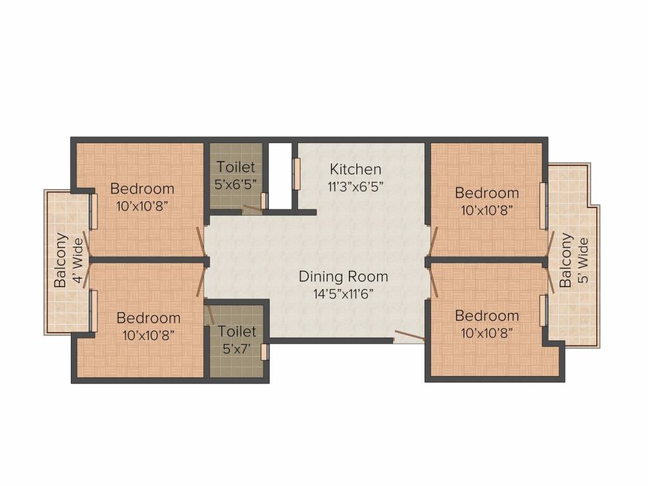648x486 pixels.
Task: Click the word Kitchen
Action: click(356, 169)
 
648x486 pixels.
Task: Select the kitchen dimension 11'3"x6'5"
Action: click(356, 187)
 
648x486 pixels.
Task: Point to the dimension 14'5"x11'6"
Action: click(343, 294)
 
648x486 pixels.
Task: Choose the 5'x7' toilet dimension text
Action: click(237, 349)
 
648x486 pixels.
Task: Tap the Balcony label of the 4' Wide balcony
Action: click(61, 261)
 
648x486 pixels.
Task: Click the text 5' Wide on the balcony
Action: click(583, 260)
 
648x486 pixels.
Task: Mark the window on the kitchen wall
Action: click(296, 173)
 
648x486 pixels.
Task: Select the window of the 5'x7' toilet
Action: click(264, 352)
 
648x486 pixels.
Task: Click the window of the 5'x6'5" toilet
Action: click(264, 201)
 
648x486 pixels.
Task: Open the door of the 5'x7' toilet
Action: click(209, 315)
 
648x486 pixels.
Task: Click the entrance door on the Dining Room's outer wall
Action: click(408, 338)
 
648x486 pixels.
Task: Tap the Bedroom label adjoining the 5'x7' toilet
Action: click(148, 318)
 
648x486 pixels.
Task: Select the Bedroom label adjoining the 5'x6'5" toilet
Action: click(142, 188)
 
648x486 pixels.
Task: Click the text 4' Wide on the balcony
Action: click(78, 261)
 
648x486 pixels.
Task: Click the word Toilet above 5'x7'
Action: click(237, 332)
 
